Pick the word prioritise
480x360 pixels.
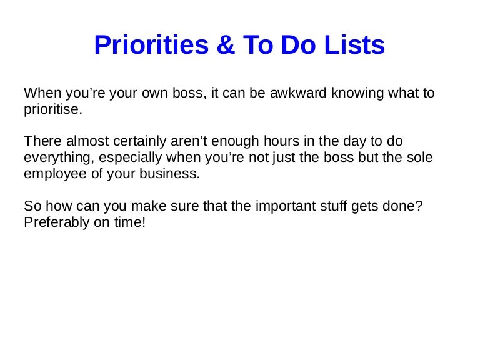[x=52, y=110]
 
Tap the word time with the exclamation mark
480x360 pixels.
[x=131, y=222]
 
